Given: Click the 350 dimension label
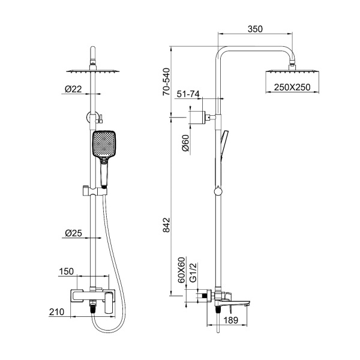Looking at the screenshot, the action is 255,29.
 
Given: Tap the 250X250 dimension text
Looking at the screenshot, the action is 292,87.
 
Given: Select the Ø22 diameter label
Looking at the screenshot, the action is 73,89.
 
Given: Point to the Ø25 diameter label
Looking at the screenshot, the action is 73,233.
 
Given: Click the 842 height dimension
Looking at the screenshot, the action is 166,225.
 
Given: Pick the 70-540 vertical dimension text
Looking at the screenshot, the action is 166,82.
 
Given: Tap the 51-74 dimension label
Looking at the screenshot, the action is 188,94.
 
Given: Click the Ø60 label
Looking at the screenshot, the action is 185,143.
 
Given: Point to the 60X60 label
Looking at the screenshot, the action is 181,270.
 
